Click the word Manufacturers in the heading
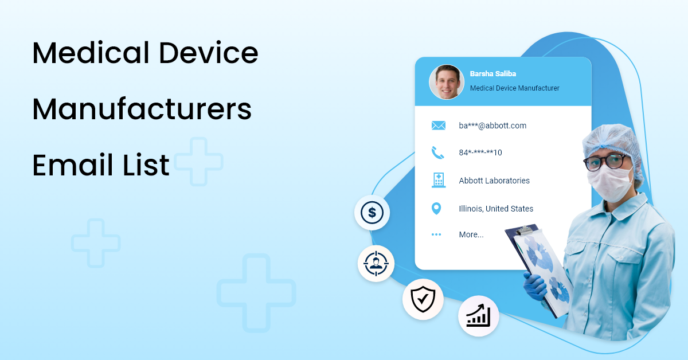point(142,109)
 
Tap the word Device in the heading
point(209,53)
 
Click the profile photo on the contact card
point(446,82)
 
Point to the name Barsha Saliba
point(493,74)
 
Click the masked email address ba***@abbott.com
point(492,126)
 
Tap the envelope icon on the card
point(438,126)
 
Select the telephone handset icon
point(437,152)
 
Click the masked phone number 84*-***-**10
point(480,152)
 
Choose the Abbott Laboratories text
point(494,181)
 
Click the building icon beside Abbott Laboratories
point(438,180)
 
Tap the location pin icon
point(436,209)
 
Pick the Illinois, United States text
point(496,209)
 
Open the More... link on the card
point(471,234)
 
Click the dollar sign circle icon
point(372,213)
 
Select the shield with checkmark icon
point(423,299)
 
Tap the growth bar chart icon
point(478,315)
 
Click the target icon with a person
point(376,263)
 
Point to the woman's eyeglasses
point(606,161)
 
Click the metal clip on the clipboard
point(523,231)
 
